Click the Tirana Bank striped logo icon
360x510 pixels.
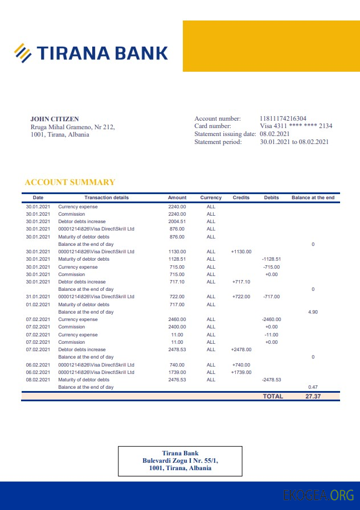pyautogui.click(x=22, y=52)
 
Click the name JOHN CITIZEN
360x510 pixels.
pyautogui.click(x=55, y=119)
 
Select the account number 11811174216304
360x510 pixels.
pyautogui.click(x=283, y=118)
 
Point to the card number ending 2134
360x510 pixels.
pyautogui.click(x=296, y=126)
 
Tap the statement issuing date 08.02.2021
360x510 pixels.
pyautogui.click(x=275, y=134)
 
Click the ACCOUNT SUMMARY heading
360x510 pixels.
pyautogui.click(x=70, y=182)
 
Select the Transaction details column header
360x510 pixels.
pyautogui.click(x=107, y=198)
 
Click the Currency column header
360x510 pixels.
pyautogui.click(x=211, y=198)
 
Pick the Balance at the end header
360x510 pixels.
pyautogui.click(x=313, y=198)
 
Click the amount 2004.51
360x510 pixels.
pyautogui.click(x=177, y=221)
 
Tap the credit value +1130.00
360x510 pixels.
pyautogui.click(x=241, y=252)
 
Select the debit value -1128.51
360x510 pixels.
pyautogui.click(x=271, y=259)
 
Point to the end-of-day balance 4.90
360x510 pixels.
pyautogui.click(x=313, y=312)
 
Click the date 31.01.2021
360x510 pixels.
pyautogui.click(x=38, y=297)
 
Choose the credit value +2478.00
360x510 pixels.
pyautogui.click(x=241, y=349)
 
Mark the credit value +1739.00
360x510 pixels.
pyautogui.click(x=241, y=372)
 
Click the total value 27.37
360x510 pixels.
pyautogui.click(x=313, y=396)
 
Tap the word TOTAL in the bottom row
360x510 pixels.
pyautogui.click(x=272, y=396)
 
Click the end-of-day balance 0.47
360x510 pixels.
pyautogui.click(x=313, y=387)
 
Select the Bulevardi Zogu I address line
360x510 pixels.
pyautogui.click(x=180, y=460)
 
